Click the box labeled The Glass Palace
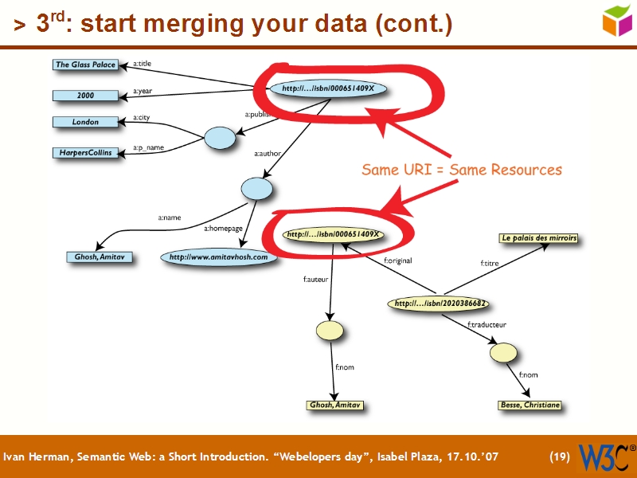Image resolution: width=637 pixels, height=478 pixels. coord(85,65)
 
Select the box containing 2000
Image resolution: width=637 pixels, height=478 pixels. coord(85,96)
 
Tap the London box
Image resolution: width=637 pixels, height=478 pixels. coord(85,122)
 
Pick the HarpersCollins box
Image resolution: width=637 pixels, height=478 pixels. coord(85,152)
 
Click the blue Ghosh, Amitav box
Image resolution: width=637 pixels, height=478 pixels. coord(100,257)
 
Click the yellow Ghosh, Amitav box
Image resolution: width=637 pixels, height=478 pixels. coord(335,406)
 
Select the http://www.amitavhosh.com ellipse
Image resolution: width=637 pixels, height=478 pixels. coord(219,257)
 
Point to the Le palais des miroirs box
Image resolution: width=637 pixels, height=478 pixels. coord(538,238)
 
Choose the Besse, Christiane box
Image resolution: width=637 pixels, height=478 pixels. coord(530,406)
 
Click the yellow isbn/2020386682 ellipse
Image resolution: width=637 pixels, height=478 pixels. coord(439,304)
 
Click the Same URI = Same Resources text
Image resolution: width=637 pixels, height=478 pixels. coord(461,170)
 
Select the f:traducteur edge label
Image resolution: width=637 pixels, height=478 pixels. coord(487,324)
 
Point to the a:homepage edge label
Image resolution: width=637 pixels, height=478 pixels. coord(223,229)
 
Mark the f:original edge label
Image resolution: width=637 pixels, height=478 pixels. coord(397,260)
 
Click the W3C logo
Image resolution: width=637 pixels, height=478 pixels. coord(606,456)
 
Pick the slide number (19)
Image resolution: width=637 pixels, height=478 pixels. coord(560,457)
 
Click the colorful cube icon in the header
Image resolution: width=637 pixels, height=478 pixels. coord(618,21)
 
